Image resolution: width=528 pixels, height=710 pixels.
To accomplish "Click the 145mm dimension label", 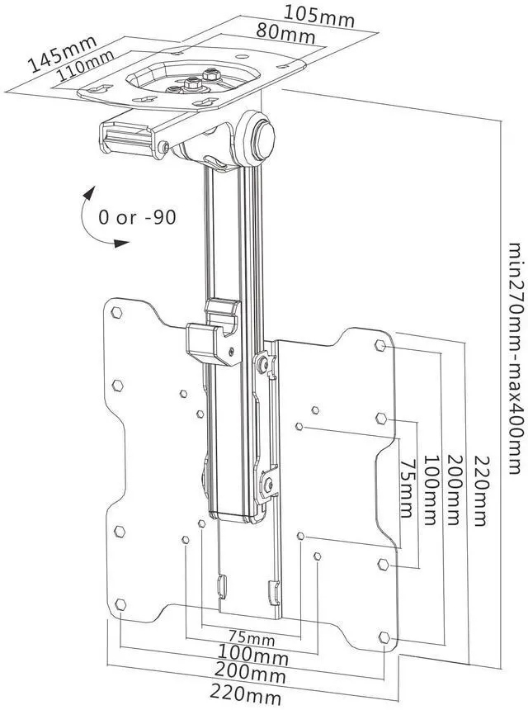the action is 62,53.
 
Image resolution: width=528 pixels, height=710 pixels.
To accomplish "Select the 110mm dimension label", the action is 86,64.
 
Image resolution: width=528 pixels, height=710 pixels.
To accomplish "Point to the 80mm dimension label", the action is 285,33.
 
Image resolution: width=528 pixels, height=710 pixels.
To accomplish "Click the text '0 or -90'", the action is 137,217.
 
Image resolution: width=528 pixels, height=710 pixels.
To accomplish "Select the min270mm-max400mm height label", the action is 515,358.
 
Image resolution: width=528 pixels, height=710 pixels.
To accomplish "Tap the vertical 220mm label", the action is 479,491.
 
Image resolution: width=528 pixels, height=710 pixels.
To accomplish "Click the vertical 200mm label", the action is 455,490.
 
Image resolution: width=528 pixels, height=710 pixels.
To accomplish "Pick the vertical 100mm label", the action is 431,490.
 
